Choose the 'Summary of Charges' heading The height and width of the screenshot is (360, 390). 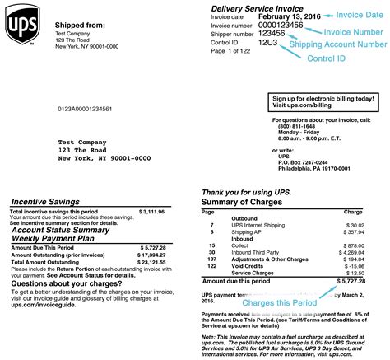point(244,202)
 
